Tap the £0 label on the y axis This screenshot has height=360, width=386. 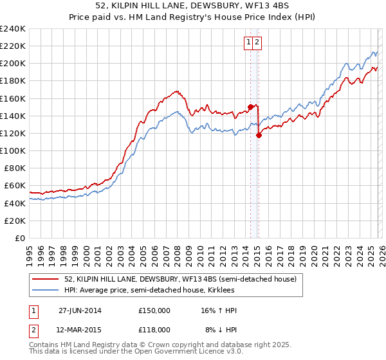(19, 238)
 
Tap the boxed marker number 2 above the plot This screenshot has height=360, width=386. (257, 43)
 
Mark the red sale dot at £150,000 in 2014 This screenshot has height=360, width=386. (250, 107)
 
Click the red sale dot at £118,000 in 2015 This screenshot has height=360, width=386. (259, 135)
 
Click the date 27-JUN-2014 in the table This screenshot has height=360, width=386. (80, 310)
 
